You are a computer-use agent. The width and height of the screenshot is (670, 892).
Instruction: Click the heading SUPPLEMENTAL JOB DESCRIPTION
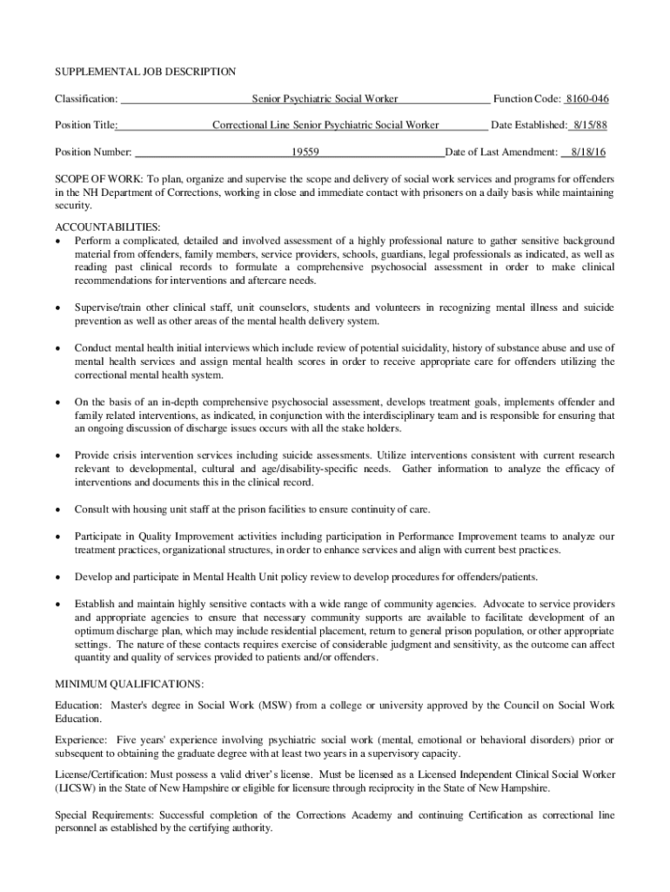(x=145, y=71)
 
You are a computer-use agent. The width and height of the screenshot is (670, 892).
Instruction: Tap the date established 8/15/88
(x=588, y=125)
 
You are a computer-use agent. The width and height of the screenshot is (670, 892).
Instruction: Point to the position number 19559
(x=305, y=151)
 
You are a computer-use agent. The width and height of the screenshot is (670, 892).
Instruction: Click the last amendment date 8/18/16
(x=589, y=151)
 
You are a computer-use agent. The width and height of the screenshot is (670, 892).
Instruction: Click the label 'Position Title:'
(x=87, y=125)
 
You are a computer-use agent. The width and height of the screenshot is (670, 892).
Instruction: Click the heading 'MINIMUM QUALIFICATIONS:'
(x=129, y=684)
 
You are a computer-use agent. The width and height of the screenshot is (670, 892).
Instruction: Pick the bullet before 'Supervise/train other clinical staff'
(x=57, y=308)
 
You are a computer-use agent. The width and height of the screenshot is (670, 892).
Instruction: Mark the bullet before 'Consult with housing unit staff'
(x=57, y=509)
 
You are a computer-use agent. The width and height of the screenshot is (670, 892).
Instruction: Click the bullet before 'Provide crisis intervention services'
(x=57, y=456)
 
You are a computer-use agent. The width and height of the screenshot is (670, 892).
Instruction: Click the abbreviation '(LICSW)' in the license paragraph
(x=77, y=787)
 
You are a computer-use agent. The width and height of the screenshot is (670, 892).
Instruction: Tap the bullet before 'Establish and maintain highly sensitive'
(x=57, y=603)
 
